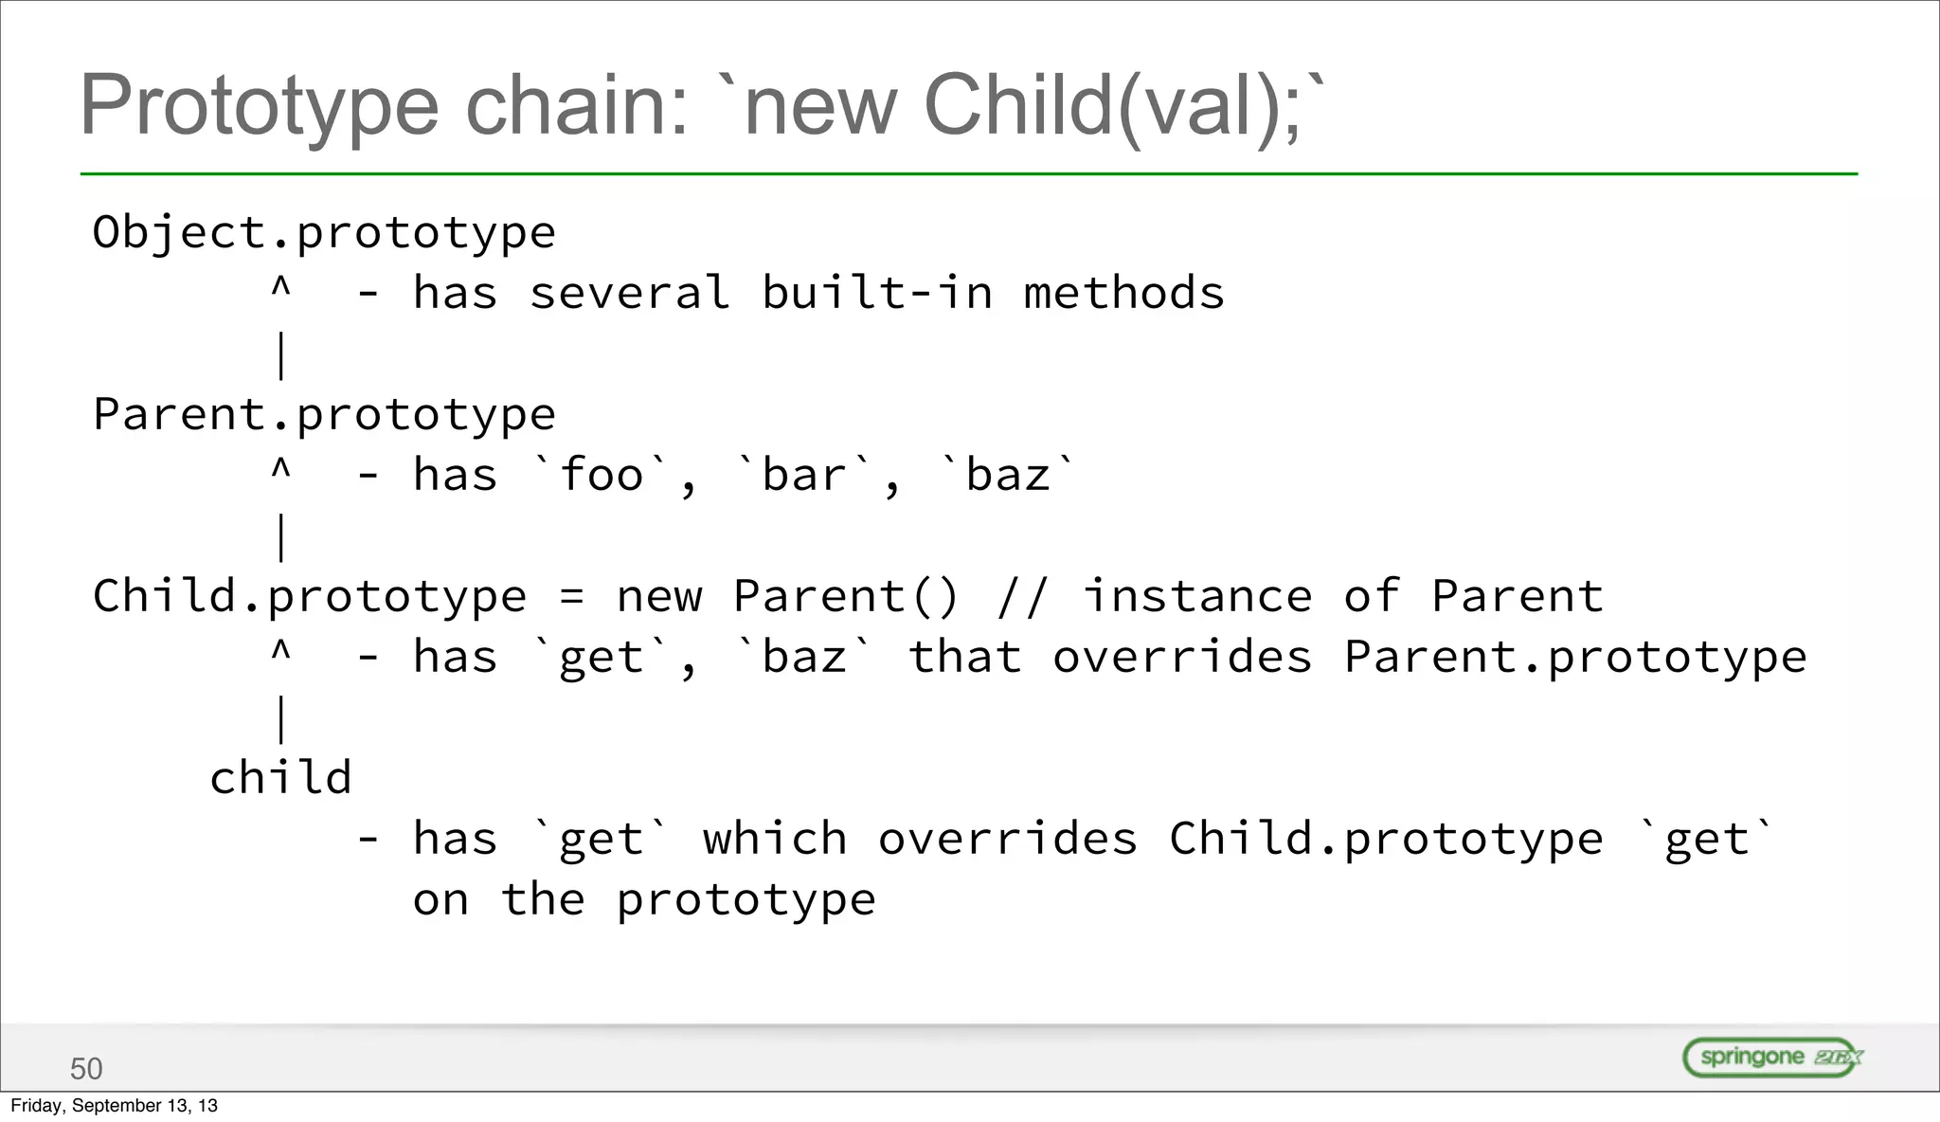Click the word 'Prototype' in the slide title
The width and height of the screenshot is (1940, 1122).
[259, 106]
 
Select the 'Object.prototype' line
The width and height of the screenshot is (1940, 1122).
[324, 233]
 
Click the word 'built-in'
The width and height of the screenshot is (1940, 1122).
[877, 293]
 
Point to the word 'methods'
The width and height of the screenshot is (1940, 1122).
[1123, 293]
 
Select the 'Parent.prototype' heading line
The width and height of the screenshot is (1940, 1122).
[324, 415]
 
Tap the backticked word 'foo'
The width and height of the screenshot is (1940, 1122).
[602, 475]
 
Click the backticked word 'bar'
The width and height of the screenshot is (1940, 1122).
[804, 475]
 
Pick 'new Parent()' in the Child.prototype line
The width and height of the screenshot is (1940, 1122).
[788, 597]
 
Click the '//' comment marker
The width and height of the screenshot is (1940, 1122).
[1023, 597]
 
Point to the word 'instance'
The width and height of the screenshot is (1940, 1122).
[1197, 597]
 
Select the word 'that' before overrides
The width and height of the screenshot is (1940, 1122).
[964, 658]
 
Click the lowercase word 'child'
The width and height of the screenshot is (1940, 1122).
[280, 778]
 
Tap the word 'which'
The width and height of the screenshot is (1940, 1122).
[775, 840]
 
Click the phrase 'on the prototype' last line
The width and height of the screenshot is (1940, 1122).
[644, 899]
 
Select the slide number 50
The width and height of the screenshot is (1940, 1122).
[86, 1069]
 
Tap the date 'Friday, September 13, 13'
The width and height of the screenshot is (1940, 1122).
[114, 1106]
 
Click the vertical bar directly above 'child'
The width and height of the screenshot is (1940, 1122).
[281, 718]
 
